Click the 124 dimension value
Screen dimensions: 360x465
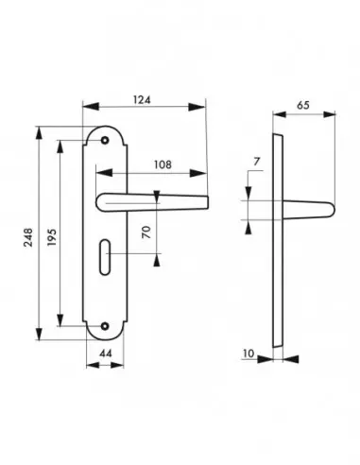142,100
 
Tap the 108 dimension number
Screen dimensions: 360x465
163,164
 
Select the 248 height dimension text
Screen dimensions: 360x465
28,237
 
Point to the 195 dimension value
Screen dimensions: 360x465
52,237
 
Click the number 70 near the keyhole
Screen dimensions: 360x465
146,232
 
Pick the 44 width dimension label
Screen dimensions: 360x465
106,353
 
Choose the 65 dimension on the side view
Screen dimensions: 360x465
303,105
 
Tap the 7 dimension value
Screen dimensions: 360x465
257,162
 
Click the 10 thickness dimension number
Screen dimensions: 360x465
249,353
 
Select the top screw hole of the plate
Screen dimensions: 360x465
105,140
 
